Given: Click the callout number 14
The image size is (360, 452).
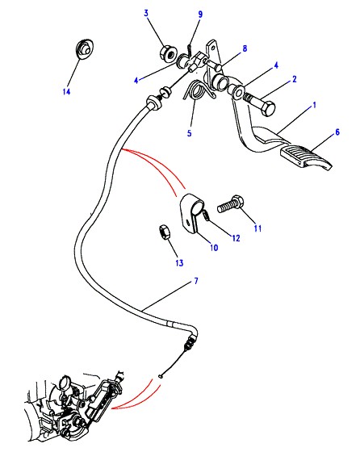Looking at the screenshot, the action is (66, 92).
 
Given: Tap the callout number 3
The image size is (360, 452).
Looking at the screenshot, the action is (146, 13).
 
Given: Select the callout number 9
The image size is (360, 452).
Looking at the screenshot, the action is (200, 15).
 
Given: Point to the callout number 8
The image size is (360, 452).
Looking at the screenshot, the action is (245, 48).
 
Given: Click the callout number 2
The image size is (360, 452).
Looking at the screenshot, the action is (295, 79).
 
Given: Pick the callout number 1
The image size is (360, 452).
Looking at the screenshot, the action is (315, 105).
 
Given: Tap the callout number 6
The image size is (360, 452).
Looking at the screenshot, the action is (337, 132).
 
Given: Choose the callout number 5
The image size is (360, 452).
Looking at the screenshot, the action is (189, 133).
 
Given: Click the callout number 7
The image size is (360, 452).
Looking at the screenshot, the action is (196, 281).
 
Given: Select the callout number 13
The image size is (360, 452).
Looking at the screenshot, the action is (179, 263).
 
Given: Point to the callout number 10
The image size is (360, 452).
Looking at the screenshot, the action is (214, 247).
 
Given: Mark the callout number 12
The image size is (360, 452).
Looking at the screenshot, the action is (236, 238).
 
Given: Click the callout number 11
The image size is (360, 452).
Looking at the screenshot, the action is (257, 228).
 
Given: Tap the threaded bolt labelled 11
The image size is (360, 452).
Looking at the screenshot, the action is (231, 203).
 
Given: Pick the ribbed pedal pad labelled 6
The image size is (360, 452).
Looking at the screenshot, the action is (306, 158).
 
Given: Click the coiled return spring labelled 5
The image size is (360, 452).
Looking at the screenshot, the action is (198, 90).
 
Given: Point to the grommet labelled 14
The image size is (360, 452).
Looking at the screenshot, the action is (84, 48).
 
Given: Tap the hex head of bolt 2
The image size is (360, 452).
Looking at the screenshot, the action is (267, 109).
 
